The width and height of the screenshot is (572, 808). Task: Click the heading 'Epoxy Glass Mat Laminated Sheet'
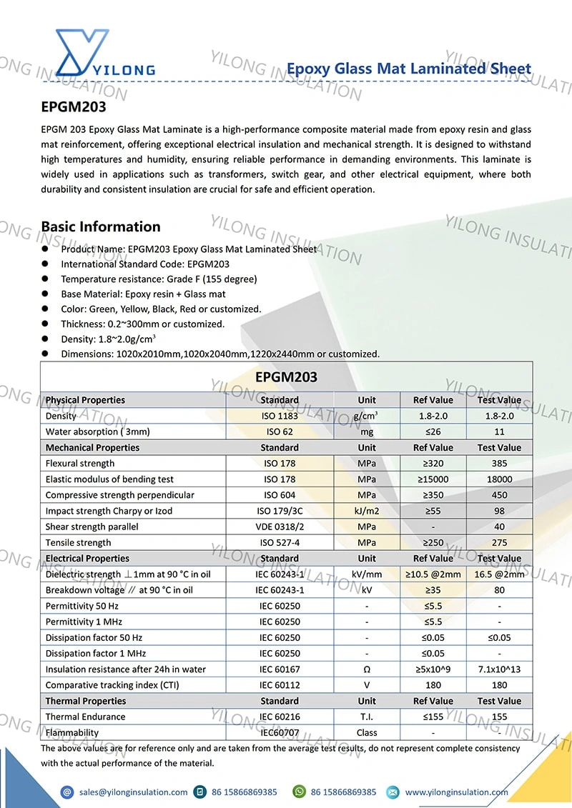pos(408,69)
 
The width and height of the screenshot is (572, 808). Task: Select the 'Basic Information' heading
pos(101,226)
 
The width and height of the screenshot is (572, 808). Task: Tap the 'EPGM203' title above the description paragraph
pos(74,108)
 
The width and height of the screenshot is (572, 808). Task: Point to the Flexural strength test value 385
pos(499,463)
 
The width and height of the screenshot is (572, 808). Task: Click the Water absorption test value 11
pos(499,432)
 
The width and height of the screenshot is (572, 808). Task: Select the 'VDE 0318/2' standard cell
pos(280,527)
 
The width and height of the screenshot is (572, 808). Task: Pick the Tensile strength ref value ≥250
pos(433,542)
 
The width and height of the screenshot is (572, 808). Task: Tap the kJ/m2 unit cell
pos(367,511)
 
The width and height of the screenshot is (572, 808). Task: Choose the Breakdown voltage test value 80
pos(499,590)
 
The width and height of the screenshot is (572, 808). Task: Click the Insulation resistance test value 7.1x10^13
pos(499,669)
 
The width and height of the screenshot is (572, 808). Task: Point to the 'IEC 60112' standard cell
pos(280,685)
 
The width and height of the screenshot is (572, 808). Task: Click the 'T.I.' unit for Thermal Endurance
pos(367,717)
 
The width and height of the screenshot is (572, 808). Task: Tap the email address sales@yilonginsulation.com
pos(133,792)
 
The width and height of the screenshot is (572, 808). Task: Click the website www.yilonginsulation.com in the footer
pos(456,792)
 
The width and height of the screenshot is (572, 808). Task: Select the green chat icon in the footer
pos(299,792)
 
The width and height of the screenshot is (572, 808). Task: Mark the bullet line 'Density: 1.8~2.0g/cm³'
pos(108,339)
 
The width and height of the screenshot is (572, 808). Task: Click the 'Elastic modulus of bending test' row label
pos(109,479)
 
